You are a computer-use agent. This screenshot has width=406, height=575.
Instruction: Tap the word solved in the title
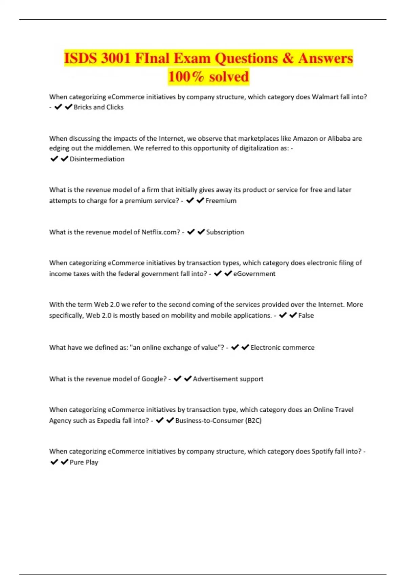(x=229, y=77)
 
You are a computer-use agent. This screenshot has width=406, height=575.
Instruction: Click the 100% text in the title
(x=186, y=77)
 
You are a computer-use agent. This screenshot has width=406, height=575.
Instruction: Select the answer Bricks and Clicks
(x=98, y=107)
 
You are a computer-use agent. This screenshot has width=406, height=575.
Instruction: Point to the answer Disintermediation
(x=97, y=159)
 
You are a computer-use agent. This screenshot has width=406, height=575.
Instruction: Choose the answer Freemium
(x=221, y=201)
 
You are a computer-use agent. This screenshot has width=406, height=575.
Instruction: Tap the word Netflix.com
(x=161, y=232)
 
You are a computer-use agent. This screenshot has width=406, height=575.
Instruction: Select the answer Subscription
(x=225, y=232)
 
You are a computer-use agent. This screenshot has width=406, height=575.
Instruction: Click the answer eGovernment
(x=254, y=274)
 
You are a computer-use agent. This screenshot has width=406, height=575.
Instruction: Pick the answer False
(x=306, y=315)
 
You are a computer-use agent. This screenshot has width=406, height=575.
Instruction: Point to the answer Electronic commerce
(x=282, y=347)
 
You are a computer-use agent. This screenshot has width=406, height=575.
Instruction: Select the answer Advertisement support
(x=228, y=379)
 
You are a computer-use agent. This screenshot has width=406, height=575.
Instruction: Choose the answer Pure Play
(x=84, y=462)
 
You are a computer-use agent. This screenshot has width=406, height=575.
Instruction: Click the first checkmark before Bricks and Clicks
(x=58, y=107)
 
